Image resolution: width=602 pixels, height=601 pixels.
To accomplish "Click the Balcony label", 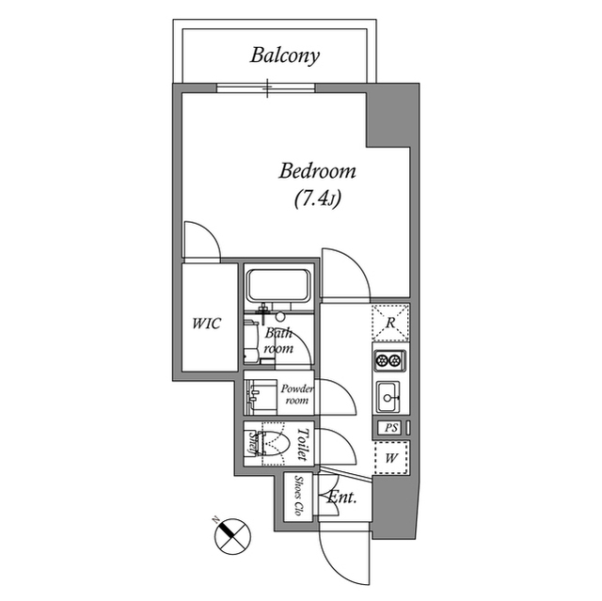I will click(284, 55).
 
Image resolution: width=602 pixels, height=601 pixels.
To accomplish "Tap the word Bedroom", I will click(317, 172).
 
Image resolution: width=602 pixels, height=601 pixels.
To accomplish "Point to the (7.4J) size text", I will click(315, 198).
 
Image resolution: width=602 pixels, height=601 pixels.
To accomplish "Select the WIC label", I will click(206, 324).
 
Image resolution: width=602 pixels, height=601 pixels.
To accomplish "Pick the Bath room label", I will click(278, 340).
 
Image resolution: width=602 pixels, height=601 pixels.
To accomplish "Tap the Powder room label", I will click(295, 393).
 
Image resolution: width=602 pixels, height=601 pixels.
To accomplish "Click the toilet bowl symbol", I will click(274, 442).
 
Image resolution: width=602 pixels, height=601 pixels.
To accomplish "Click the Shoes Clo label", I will click(299, 498).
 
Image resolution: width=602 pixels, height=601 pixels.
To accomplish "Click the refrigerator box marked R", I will click(389, 323).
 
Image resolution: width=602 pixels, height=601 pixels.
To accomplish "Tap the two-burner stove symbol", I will click(388, 360).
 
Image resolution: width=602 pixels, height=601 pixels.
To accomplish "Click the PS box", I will click(389, 428).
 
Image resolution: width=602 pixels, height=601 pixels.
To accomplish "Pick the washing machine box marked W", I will click(389, 459).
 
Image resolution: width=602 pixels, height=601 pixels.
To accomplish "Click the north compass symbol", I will click(230, 535).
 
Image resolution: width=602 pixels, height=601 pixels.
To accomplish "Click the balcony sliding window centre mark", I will click(268, 89).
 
